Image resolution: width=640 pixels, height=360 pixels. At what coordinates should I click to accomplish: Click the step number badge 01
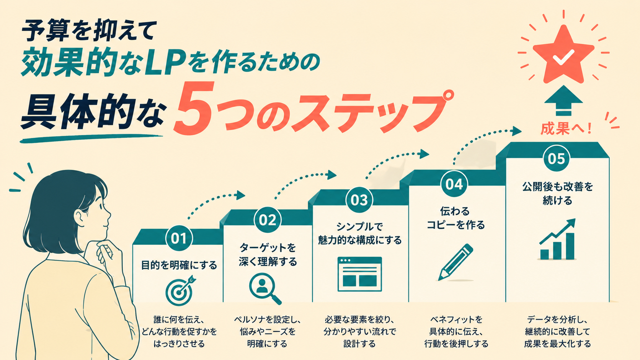(179, 238)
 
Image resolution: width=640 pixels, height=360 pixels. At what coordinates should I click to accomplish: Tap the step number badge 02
(268, 220)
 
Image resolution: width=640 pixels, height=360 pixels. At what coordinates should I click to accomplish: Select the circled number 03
(359, 200)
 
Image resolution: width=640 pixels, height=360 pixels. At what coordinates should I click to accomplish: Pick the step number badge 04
(454, 184)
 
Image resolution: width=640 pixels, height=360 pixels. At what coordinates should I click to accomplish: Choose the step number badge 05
(557, 158)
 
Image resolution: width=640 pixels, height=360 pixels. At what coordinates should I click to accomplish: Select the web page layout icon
(359, 274)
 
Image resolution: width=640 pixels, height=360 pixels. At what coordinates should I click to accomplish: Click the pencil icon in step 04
(456, 262)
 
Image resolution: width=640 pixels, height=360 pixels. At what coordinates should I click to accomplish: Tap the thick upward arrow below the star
(563, 101)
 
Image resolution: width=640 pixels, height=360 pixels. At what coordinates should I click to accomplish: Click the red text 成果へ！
(566, 129)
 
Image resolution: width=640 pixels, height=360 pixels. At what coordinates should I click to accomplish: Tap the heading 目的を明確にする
(179, 265)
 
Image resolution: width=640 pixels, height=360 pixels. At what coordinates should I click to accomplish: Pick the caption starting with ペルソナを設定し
(268, 331)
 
